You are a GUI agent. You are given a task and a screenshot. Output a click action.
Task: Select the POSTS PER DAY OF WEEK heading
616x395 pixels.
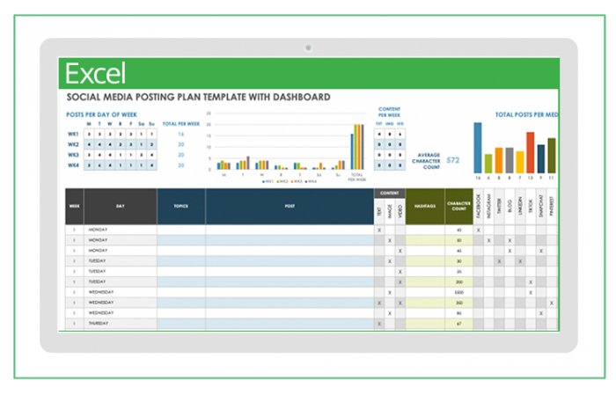tap(102, 114)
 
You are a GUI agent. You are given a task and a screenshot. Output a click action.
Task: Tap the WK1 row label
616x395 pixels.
tap(74, 135)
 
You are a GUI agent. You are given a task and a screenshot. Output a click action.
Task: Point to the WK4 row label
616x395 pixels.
tap(74, 165)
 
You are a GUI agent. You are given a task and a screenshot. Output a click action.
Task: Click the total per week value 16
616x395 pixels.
tap(180, 135)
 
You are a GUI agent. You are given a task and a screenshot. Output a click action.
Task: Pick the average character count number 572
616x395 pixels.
tap(453, 160)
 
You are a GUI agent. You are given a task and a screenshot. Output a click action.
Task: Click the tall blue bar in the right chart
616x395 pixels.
tap(478, 147)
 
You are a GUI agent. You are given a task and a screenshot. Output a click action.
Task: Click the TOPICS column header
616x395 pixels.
tap(181, 206)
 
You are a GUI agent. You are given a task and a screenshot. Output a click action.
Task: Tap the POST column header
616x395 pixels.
tap(290, 206)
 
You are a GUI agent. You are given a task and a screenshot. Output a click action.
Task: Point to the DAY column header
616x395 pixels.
tap(121, 206)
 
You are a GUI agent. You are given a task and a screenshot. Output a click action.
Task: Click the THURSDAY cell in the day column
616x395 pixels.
tap(99, 324)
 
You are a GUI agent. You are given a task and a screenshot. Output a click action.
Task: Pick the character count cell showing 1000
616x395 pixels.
tap(458, 292)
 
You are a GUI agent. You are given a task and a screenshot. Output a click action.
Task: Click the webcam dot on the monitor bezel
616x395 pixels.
tap(308, 47)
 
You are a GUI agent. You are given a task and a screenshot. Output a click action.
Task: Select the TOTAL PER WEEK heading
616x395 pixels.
tap(181, 125)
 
